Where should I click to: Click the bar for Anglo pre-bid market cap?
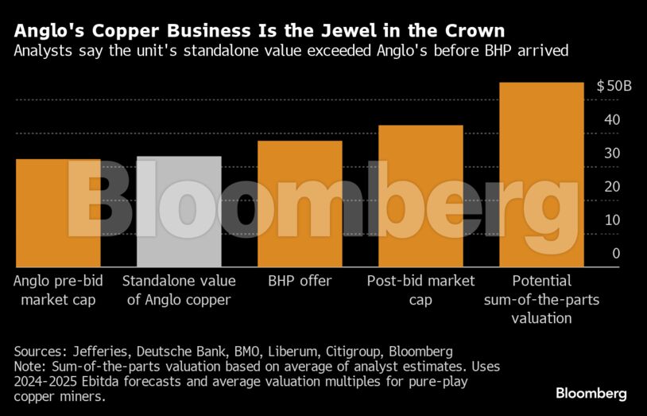(x=57, y=213)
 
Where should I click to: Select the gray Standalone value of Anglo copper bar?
(x=179, y=212)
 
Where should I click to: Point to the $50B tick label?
(x=614, y=86)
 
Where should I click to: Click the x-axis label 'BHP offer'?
(x=300, y=281)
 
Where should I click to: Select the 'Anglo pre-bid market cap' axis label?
(x=57, y=290)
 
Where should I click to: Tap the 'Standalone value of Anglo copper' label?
(x=179, y=290)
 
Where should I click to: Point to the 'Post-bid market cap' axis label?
(x=420, y=290)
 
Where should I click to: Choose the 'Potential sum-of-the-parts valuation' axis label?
(x=542, y=299)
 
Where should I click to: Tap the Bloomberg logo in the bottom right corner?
(x=591, y=393)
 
